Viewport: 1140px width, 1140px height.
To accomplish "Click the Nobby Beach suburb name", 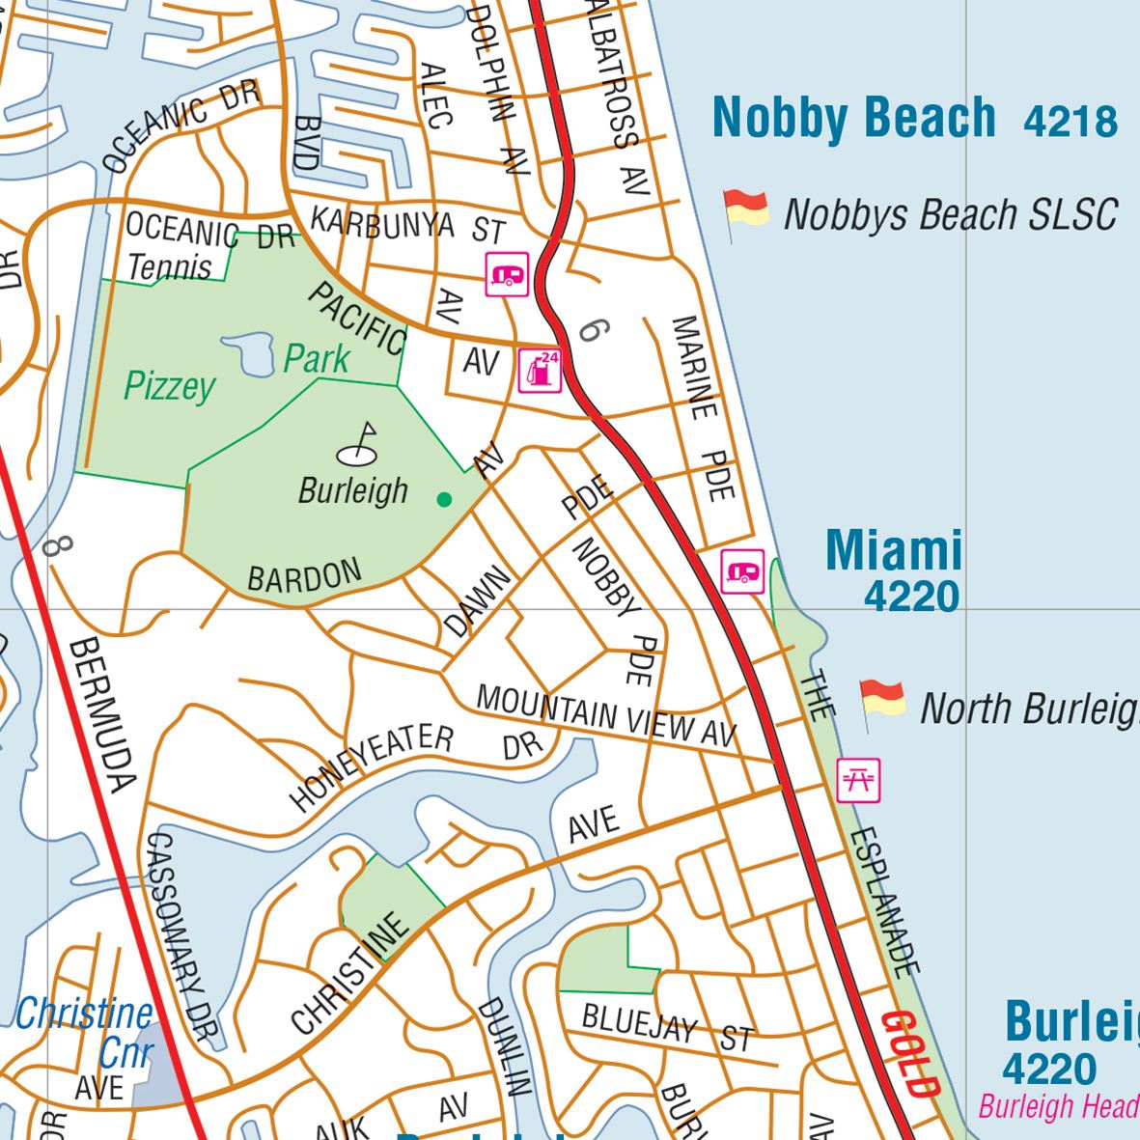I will (853, 118).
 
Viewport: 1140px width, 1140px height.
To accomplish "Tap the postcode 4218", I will (1070, 122).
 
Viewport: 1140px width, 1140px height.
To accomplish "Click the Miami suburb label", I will (894, 551).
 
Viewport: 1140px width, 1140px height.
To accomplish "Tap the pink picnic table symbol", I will (858, 780).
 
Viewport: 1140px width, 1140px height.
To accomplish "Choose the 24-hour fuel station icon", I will (540, 370).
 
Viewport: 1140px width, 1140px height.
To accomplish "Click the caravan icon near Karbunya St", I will (507, 275).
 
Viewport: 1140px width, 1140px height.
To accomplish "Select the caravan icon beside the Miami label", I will (742, 571).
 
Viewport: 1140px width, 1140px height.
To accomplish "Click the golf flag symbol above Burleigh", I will (359, 444).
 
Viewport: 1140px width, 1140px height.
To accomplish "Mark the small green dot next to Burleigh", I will (444, 499).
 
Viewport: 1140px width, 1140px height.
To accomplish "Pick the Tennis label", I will (170, 266).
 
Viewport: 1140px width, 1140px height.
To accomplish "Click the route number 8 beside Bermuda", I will (57, 547).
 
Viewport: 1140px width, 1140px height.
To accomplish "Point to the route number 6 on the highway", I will (592, 331).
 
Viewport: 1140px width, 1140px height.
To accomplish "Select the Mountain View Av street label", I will (606, 715).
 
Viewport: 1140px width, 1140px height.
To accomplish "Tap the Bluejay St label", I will (667, 1027).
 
